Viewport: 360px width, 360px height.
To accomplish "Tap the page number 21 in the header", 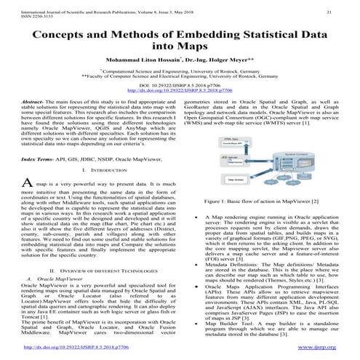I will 328,12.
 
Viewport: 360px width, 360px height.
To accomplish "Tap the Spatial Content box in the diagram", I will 296,136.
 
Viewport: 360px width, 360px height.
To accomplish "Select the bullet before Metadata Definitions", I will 199,246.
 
